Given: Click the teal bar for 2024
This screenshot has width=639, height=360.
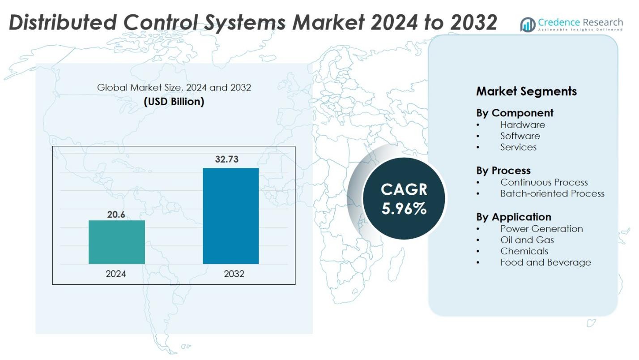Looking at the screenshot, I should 116,242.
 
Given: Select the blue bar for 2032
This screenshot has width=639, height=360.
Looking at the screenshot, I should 230,216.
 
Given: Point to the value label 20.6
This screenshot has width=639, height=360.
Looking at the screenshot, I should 116,214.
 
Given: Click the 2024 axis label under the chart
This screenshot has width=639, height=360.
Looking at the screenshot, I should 116,274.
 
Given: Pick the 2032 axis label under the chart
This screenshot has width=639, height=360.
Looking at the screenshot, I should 234,274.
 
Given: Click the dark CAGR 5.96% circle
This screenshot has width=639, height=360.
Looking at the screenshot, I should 404,198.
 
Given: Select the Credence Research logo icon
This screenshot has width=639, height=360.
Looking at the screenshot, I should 528,25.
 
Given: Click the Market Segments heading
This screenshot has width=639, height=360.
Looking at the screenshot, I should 526,91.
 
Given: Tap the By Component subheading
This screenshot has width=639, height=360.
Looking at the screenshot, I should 515,113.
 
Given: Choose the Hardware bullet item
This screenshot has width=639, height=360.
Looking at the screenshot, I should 522,124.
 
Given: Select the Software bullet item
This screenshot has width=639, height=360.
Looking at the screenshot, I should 520,136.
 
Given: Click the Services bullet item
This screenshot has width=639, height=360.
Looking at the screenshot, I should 518,147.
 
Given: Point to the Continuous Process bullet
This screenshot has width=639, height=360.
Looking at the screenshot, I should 544,182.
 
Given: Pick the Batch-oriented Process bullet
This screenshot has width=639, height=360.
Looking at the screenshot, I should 552,193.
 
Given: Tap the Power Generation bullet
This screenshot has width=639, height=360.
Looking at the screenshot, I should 541,229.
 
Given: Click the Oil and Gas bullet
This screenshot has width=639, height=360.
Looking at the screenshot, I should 527,240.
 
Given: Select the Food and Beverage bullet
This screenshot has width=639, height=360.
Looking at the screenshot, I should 545,262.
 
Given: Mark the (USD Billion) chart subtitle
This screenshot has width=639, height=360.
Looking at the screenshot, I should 174,102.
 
